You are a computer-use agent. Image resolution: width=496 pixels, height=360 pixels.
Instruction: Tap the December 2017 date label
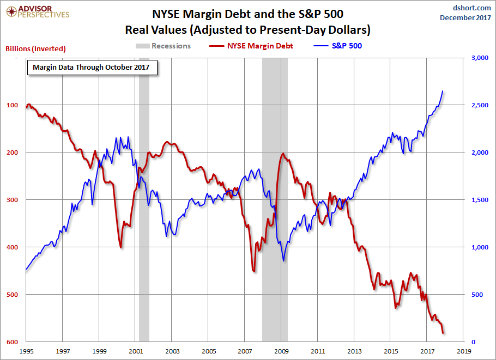[465, 18]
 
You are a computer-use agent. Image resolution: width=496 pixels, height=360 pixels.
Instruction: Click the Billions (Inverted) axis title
[35, 48]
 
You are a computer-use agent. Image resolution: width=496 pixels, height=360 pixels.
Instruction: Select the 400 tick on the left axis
[13, 247]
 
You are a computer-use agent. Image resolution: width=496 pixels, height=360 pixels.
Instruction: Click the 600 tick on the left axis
[13, 342]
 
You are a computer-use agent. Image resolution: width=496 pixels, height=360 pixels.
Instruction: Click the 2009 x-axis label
[281, 352]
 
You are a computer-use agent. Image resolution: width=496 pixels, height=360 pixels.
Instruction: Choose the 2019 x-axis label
[463, 352]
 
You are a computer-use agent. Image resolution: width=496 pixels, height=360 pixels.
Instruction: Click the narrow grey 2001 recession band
[144, 218]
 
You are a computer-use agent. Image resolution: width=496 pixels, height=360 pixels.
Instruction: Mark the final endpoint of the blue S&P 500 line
[443, 91]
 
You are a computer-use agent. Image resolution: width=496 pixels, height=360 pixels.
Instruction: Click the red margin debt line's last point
[443, 332]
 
